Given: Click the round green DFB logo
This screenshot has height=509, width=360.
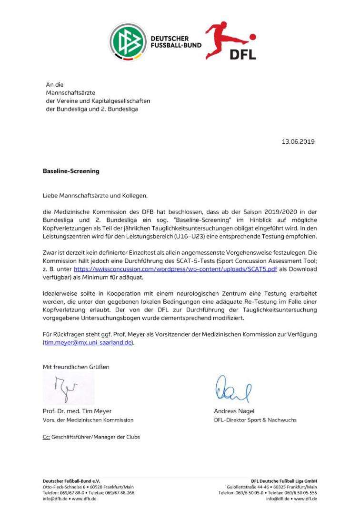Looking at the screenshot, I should pos(128,42).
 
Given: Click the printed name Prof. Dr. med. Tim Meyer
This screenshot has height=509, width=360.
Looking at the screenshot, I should pos(77,411).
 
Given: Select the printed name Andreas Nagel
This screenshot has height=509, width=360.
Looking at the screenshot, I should pos(234,411).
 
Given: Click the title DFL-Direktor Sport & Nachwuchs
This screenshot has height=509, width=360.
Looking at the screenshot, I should pos(255,420).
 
